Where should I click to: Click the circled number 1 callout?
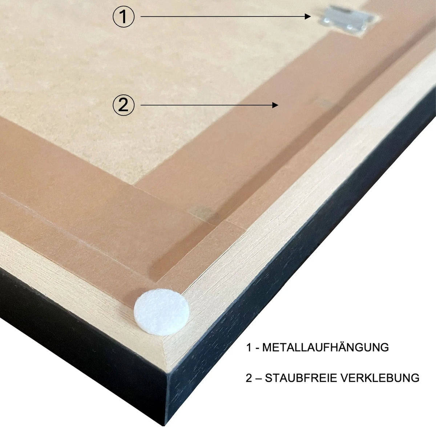click(x=124, y=16)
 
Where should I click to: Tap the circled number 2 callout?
click(x=124, y=105)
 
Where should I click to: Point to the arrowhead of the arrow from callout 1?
click(x=308, y=16)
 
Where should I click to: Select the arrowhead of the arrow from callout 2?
click(x=275, y=105)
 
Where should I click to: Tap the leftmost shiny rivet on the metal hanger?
click(x=326, y=21)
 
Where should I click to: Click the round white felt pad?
click(x=162, y=312)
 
